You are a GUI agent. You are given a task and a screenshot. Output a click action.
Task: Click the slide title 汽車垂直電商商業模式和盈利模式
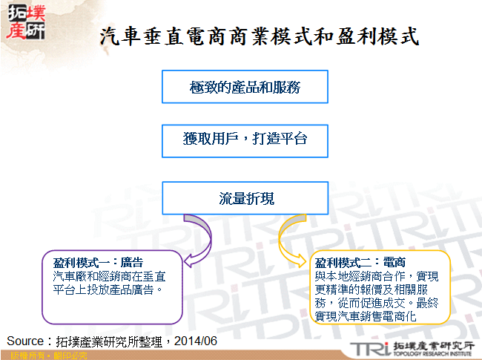coord(259,35)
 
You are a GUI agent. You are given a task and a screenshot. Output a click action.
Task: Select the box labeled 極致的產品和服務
coord(245,87)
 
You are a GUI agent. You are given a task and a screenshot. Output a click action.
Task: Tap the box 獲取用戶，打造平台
coord(245,139)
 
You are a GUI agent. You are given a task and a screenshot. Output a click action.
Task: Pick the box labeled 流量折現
coord(245,199)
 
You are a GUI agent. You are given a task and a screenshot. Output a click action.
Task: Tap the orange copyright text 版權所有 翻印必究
coord(44,356)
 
